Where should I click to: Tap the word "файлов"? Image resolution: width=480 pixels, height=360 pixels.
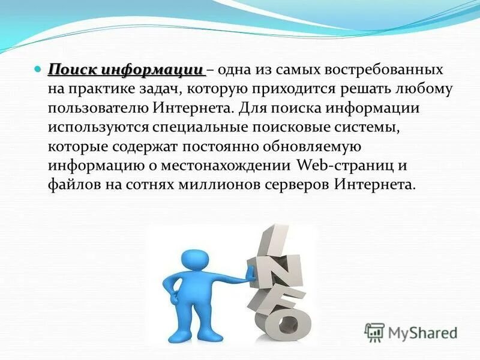pos(73,185)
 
